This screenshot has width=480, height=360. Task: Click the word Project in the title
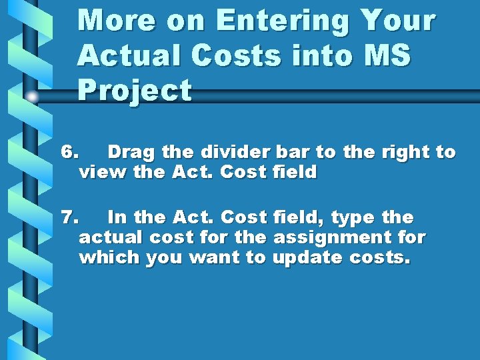(135, 91)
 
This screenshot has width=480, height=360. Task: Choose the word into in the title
(315, 56)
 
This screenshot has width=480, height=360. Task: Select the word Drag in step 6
(131, 152)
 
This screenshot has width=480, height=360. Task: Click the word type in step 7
(353, 217)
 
